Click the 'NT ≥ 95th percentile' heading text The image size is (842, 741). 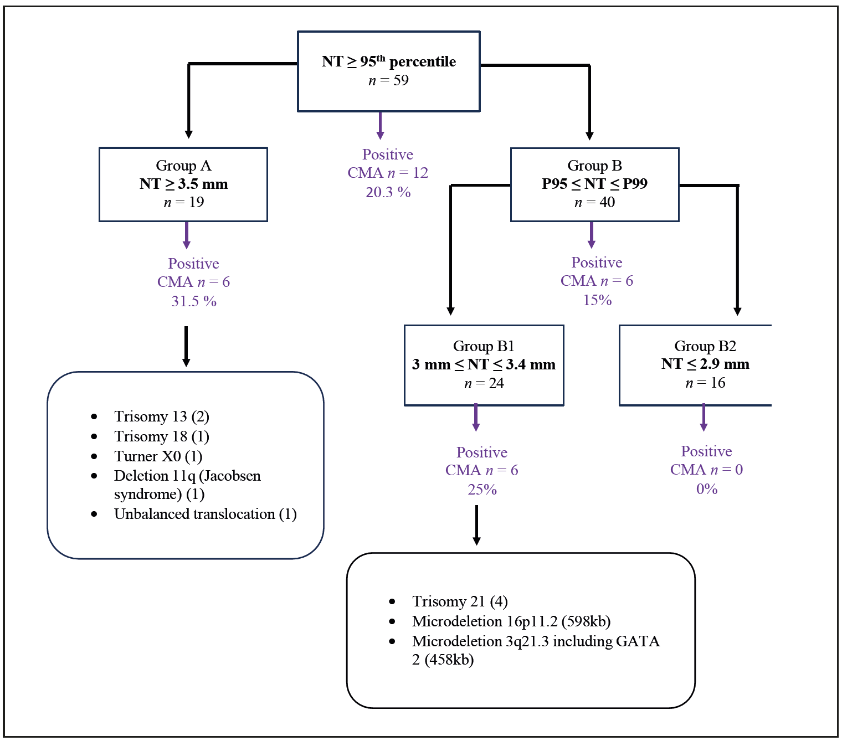tap(388, 61)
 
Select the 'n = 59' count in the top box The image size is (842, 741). tap(388, 81)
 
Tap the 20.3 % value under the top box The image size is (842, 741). tap(388, 192)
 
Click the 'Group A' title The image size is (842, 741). tap(183, 166)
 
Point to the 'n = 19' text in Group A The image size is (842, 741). tap(183, 203)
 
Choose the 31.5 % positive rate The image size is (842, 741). tap(193, 301)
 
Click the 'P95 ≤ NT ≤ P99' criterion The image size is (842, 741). tap(594, 184)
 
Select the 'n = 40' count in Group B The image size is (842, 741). tap(594, 203)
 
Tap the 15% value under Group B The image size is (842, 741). tap(597, 300)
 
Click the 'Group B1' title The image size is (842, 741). tap(484, 346)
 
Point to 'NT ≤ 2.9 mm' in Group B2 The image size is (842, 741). tap(705, 364)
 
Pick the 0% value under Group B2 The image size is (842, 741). tap(707, 489)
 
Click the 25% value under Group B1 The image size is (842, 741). tap(482, 490)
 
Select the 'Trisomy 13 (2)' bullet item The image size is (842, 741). tap(161, 416)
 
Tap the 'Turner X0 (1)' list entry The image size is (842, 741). tap(158, 456)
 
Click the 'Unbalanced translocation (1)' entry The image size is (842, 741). tap(205, 514)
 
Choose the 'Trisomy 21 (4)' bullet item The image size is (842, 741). tap(460, 601)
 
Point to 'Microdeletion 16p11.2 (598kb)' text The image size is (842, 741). tap(511, 621)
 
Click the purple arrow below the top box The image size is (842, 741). tap(380, 126)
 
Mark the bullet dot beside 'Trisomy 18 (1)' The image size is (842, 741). tap(94, 437)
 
